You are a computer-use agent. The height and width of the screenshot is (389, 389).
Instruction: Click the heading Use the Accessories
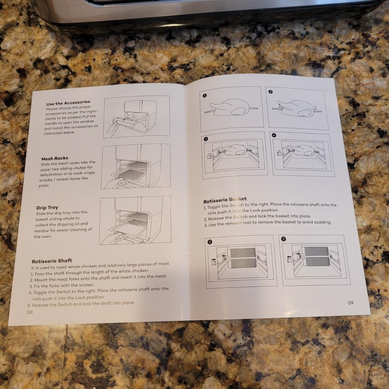pos(68,103)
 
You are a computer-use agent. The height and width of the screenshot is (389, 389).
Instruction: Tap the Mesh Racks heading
pos(55,159)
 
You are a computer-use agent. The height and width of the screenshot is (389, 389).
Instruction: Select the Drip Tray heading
pos(47,207)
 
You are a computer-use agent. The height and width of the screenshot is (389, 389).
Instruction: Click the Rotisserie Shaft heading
pos(52,261)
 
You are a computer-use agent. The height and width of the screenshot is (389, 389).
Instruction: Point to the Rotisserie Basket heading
pos(225,200)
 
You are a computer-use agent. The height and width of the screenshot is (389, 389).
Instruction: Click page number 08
pos(30,312)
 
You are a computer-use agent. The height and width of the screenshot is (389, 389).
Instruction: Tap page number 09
pos(351,302)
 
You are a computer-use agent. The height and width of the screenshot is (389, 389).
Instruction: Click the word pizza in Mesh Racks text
pos(44,185)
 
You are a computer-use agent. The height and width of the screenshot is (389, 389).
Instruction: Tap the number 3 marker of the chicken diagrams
pos(206,139)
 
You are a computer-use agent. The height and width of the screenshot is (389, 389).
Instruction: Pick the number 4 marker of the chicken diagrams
pos(274,135)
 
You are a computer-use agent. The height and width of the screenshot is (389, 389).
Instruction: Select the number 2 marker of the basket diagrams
pos(283,239)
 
